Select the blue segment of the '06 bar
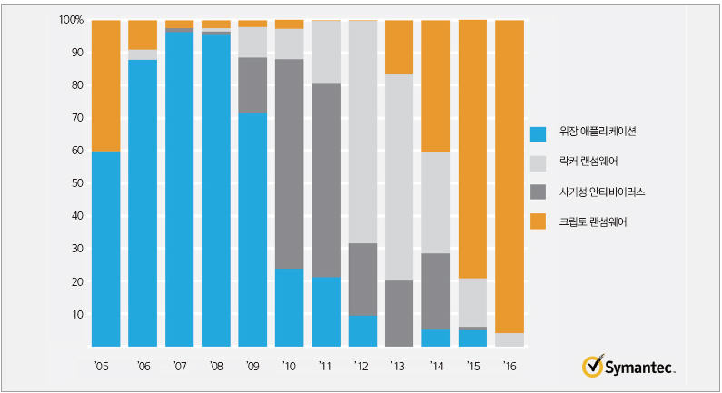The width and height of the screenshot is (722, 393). point(143,202)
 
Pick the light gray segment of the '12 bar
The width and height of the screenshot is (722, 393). point(362,132)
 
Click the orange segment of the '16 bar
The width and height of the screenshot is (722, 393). point(509,176)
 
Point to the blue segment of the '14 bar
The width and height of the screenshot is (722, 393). point(436,338)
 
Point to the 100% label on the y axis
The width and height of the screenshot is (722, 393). point(71,20)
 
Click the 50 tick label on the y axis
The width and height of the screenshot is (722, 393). point(77,183)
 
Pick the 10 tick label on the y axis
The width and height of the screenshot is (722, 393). point(77,314)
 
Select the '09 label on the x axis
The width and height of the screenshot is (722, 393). point(252,368)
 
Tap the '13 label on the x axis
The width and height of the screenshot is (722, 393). point(399,368)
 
